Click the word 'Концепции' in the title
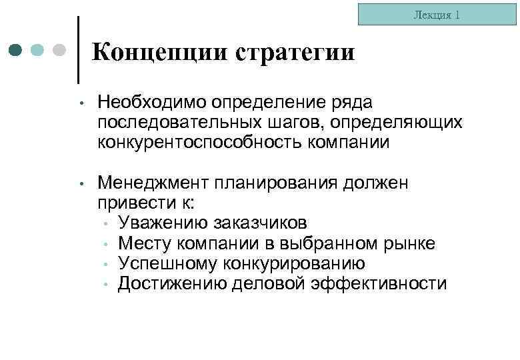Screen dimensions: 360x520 tap(159, 52)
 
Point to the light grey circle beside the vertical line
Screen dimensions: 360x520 tap(59, 50)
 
